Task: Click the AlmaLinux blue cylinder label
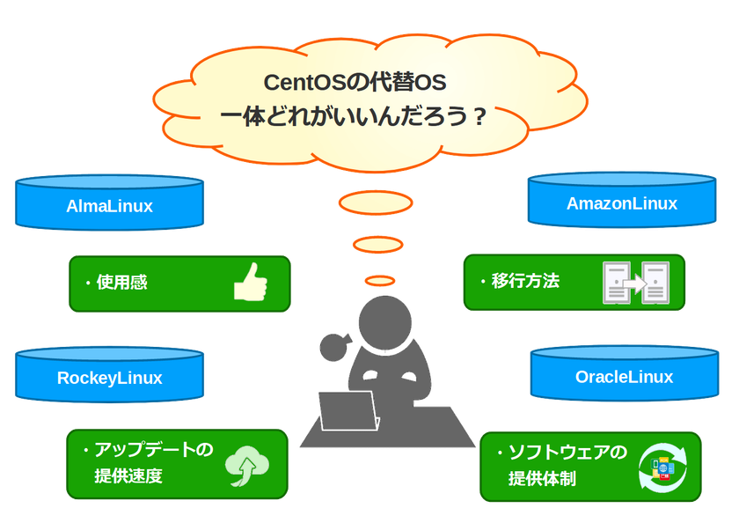pos(110,207)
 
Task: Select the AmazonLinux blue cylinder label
pos(622,203)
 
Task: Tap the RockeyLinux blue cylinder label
pos(110,379)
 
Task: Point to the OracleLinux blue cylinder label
pos(624,377)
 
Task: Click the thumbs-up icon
pos(250,284)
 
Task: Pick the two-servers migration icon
pos(635,283)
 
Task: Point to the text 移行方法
pos(525,282)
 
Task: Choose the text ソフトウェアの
pos(567,453)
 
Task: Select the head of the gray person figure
pos(384,321)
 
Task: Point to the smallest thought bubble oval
pos(380,280)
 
